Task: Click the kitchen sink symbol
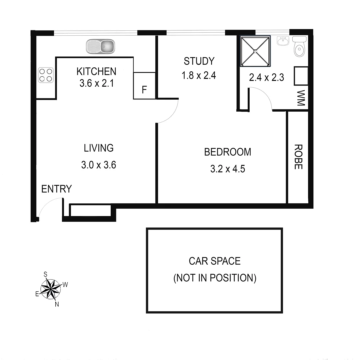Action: coord(100,46)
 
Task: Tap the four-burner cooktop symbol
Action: coord(46,75)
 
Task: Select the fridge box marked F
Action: coord(144,89)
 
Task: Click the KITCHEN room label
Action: coord(96,71)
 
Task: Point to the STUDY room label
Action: coord(199,61)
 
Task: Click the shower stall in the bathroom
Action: coord(255,51)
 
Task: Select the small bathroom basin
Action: coord(283,41)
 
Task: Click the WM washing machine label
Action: coord(301,98)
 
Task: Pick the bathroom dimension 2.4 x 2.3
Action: coord(266,78)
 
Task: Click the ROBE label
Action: coord(298,157)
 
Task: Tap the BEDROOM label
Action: coord(228,152)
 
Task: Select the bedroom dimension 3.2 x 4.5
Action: coord(228,169)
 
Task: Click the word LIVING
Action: coord(99,148)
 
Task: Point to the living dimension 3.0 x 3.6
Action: coord(99,165)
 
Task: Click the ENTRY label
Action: coord(56,189)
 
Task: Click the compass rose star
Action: coord(51,289)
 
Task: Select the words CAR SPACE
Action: coord(215,261)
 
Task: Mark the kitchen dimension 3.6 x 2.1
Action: coord(96,83)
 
